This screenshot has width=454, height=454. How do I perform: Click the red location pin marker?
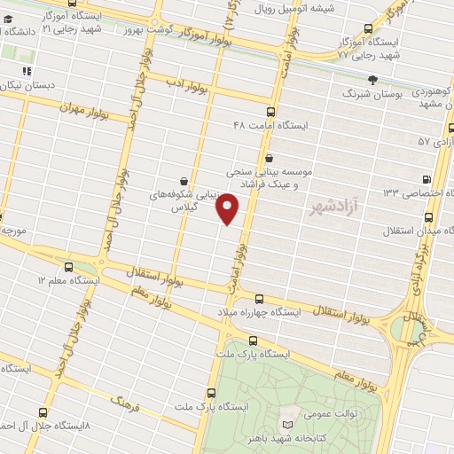pyautogui.click(x=228, y=208)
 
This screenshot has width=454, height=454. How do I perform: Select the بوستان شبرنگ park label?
pyautogui.click(x=372, y=92)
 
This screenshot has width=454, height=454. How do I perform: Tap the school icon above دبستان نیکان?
pyautogui.click(x=27, y=72)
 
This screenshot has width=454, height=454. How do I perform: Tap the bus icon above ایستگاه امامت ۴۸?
pyautogui.click(x=270, y=112)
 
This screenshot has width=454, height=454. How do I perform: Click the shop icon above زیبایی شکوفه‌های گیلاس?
pyautogui.click(x=184, y=180)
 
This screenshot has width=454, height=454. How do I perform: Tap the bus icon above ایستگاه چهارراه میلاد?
pyautogui.click(x=259, y=299)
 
